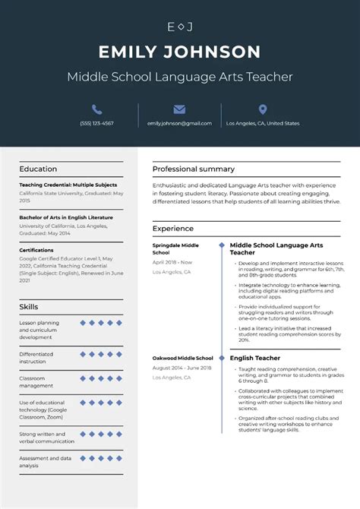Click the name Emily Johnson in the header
point(179,52)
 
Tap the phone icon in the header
point(96,109)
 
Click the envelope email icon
point(179,109)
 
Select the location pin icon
point(263,109)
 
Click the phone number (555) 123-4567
point(96,123)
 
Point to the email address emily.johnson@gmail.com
point(179,123)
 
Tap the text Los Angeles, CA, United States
point(263,123)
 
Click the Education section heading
point(38,169)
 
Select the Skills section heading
point(29,306)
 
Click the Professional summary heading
point(193,169)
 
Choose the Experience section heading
point(172,229)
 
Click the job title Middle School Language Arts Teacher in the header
point(179,77)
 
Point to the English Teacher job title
point(254,358)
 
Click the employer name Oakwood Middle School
point(183,358)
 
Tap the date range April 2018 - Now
point(172,262)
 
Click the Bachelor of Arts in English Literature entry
point(66,217)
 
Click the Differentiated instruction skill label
point(36,357)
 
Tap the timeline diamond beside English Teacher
point(221,358)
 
